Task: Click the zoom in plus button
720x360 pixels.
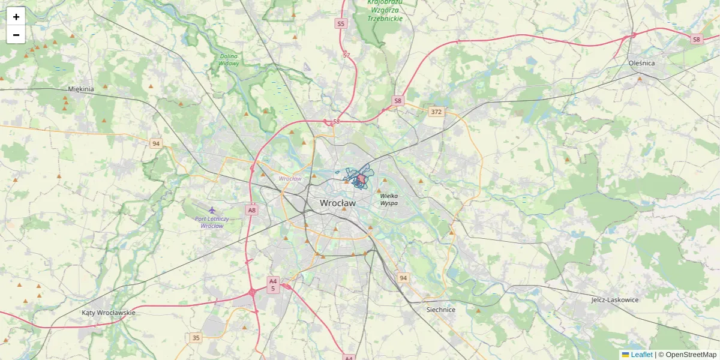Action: tap(16, 17)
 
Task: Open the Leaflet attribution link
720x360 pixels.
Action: tap(641, 355)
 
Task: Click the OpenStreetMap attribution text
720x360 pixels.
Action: tap(691, 355)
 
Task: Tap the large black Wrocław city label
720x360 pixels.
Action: tap(337, 203)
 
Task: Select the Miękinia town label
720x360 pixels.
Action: tap(81, 89)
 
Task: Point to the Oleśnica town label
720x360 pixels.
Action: tap(641, 63)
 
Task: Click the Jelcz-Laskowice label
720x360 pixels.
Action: tap(614, 299)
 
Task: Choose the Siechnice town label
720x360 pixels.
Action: tap(441, 310)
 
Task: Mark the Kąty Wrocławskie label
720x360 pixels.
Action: tap(109, 313)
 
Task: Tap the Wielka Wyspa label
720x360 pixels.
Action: tap(389, 200)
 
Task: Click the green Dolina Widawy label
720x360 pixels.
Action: tap(229, 59)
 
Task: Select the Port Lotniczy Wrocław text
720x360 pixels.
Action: tap(212, 222)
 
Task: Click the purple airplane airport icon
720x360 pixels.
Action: tap(212, 210)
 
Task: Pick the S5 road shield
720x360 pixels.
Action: tap(341, 24)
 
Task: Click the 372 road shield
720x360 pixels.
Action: tap(436, 112)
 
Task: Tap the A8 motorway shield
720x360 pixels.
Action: tap(251, 210)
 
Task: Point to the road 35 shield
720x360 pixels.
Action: tap(196, 338)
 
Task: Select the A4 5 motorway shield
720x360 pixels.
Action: tap(273, 284)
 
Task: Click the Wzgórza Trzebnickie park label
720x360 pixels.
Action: tap(385, 10)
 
